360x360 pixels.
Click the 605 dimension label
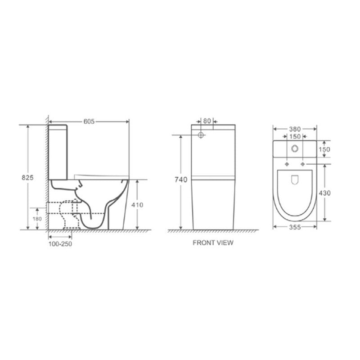point(89,121)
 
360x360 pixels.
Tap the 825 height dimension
point(27,177)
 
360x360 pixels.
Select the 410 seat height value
point(137,205)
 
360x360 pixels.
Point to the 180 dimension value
point(37,219)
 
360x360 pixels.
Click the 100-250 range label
point(60,244)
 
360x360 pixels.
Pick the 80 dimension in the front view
point(207,121)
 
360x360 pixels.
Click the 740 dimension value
point(181,180)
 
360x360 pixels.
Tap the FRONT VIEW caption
point(213,243)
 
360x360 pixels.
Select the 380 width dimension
point(295,129)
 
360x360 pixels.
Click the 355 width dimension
point(295,227)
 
